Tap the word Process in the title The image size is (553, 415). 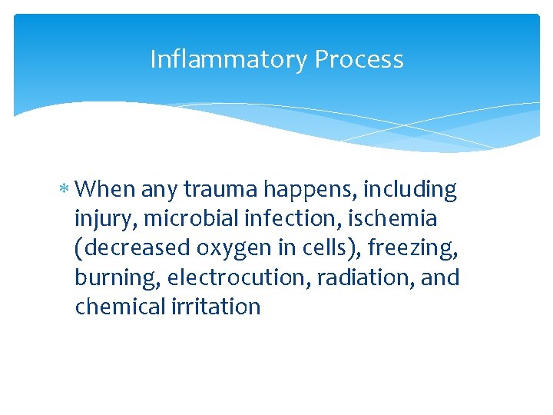coord(359,59)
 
